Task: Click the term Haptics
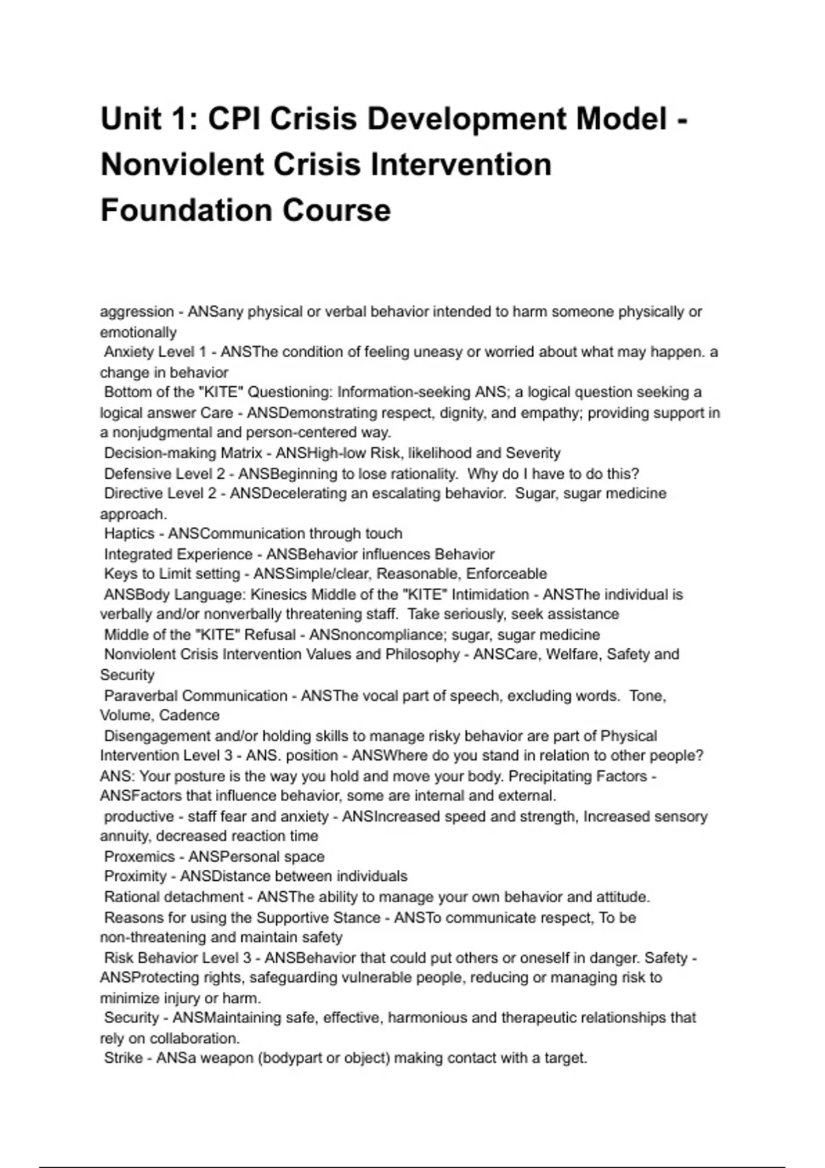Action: click(x=129, y=534)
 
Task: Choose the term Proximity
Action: click(x=135, y=877)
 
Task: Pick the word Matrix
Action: click(x=241, y=453)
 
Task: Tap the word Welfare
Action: click(x=564, y=654)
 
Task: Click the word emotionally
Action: click(x=138, y=333)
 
